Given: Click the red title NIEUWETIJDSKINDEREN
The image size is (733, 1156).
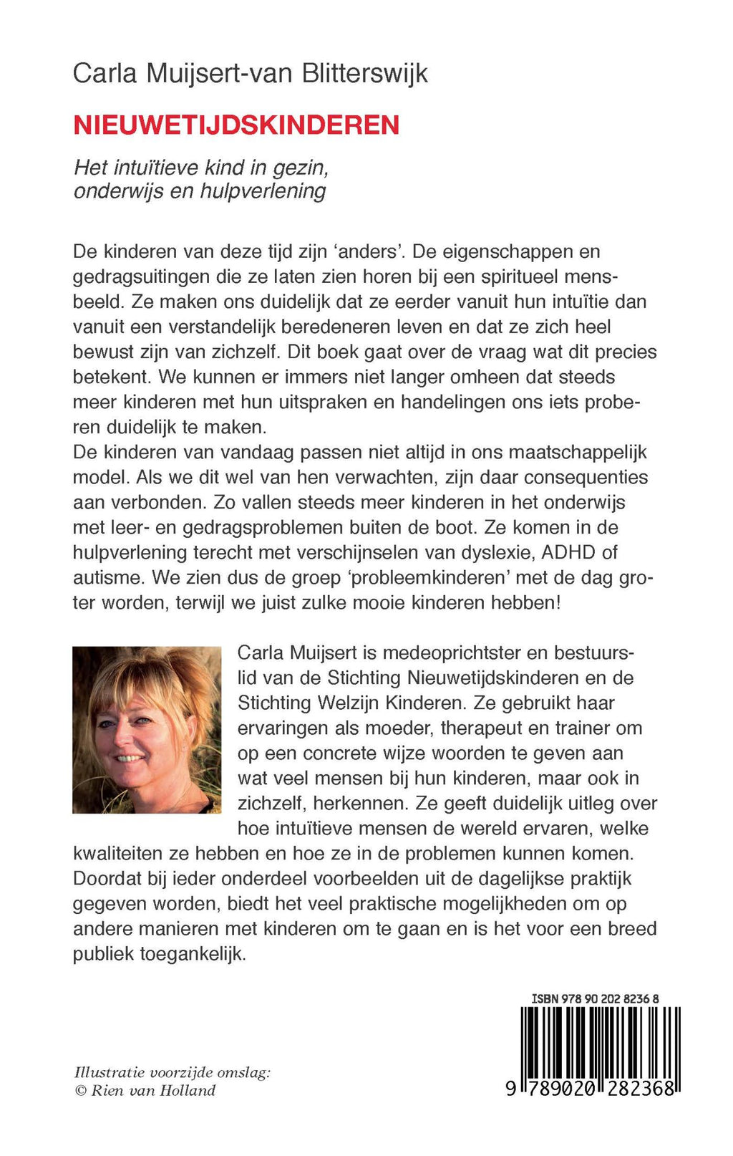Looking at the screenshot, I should point(236,125).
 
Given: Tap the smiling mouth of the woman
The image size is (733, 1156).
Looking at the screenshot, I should point(130,757).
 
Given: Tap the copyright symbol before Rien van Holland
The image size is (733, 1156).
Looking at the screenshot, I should point(80,1091).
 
